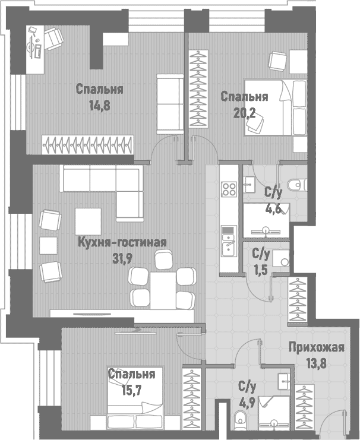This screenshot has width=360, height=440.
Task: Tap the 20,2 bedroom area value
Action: [x=244, y=113]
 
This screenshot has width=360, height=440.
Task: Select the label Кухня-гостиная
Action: [x=122, y=242]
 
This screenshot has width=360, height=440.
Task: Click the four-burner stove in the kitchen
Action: [x=229, y=189]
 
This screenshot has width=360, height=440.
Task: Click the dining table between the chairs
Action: [x=164, y=288]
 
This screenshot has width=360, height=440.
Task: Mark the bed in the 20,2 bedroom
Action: [x=275, y=107]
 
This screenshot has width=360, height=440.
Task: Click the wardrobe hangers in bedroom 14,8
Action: [x=89, y=144]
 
